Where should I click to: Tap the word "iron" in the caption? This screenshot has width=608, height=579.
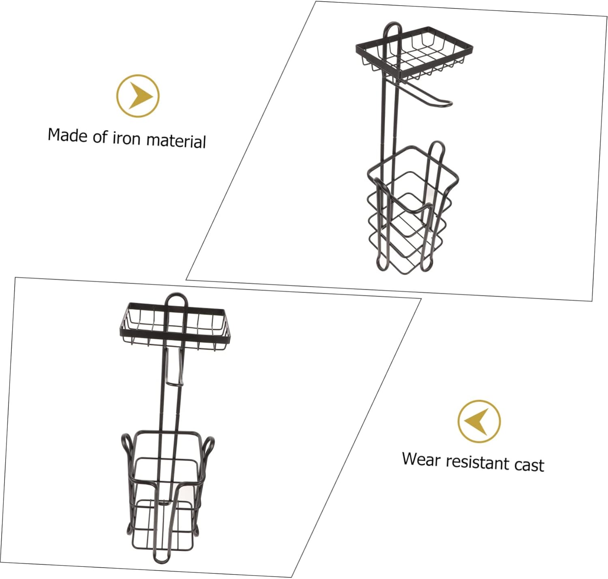click(126, 138)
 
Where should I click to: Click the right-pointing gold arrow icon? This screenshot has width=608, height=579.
click(138, 96)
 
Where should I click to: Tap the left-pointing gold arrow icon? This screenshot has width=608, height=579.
click(479, 421)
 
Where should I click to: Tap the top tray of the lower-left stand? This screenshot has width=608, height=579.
click(175, 324)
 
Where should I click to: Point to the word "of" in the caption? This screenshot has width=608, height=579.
click(100, 137)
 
